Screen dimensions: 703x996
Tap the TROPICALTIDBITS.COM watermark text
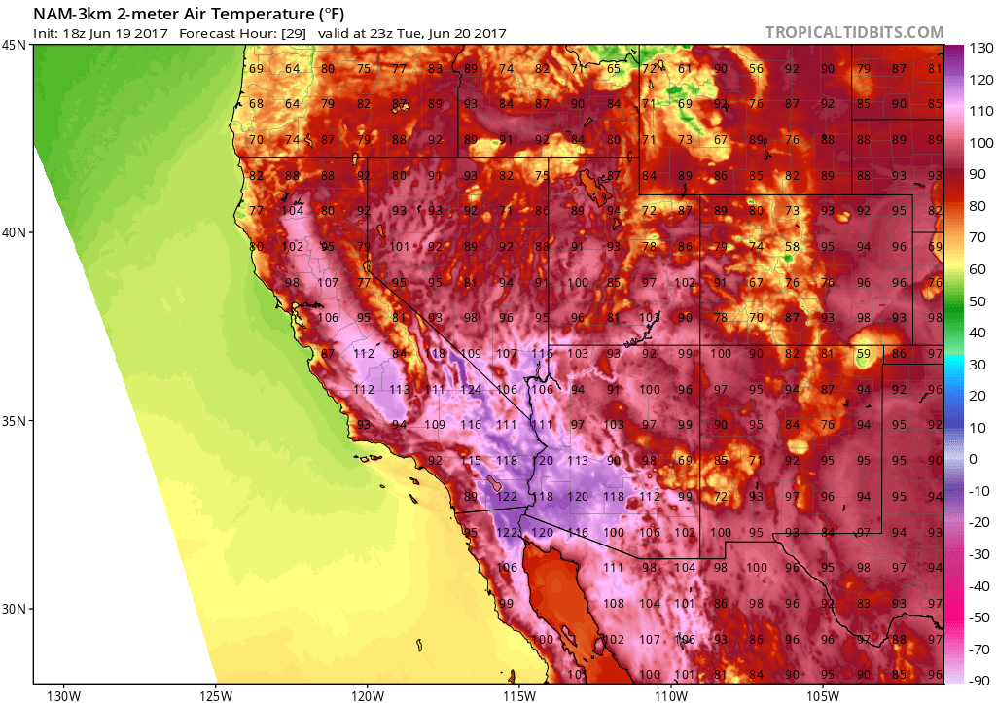[854, 32]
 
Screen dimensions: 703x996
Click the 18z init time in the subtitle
[72, 33]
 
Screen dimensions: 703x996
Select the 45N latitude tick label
[15, 45]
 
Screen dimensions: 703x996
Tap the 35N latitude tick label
[15, 421]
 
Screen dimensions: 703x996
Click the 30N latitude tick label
[15, 609]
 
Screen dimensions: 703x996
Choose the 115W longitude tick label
[519, 694]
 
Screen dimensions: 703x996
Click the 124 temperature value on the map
[471, 390]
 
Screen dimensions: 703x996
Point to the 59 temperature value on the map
[863, 354]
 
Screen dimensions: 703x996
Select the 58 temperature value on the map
[792, 248]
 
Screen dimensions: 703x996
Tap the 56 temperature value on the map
[756, 69]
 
